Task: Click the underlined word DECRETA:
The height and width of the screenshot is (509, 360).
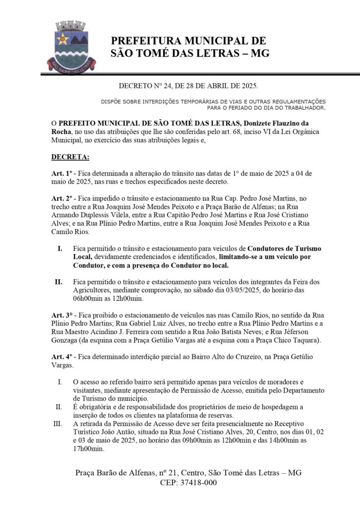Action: tap(70, 158)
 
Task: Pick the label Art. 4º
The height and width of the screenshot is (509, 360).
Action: tap(62, 357)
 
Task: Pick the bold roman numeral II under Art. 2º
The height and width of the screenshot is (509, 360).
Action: tap(59, 282)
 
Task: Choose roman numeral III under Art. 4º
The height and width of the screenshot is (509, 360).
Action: tap(59, 424)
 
